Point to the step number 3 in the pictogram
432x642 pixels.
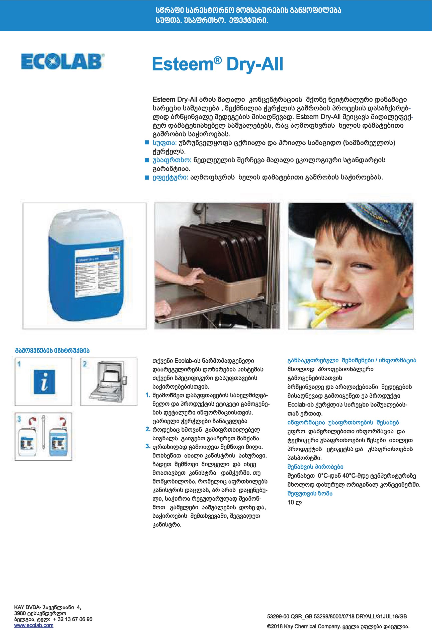(19, 419)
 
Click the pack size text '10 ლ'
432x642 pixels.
(294, 502)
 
